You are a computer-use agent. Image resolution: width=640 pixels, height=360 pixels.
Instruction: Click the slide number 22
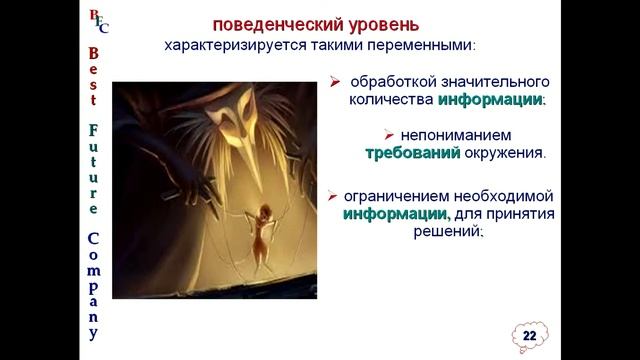(x=529, y=334)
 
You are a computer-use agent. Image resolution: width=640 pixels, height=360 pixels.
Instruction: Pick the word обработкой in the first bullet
(x=387, y=81)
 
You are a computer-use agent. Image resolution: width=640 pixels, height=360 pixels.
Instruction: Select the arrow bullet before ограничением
(x=332, y=195)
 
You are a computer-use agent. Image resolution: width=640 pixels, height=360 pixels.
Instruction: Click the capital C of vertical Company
(x=94, y=240)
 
